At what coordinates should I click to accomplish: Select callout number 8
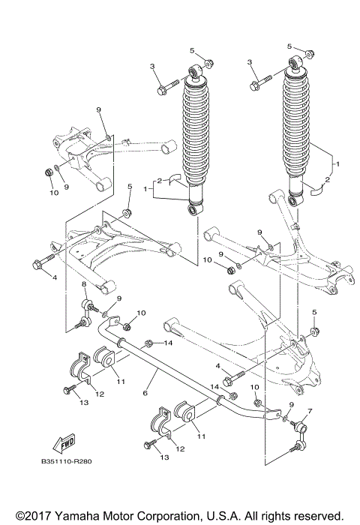pyautogui.click(x=84, y=285)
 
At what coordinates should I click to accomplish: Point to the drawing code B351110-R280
pyautogui.click(x=67, y=460)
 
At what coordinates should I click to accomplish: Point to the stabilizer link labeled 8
pyautogui.click(x=87, y=313)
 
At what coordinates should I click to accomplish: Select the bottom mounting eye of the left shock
pyautogui.click(x=194, y=207)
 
